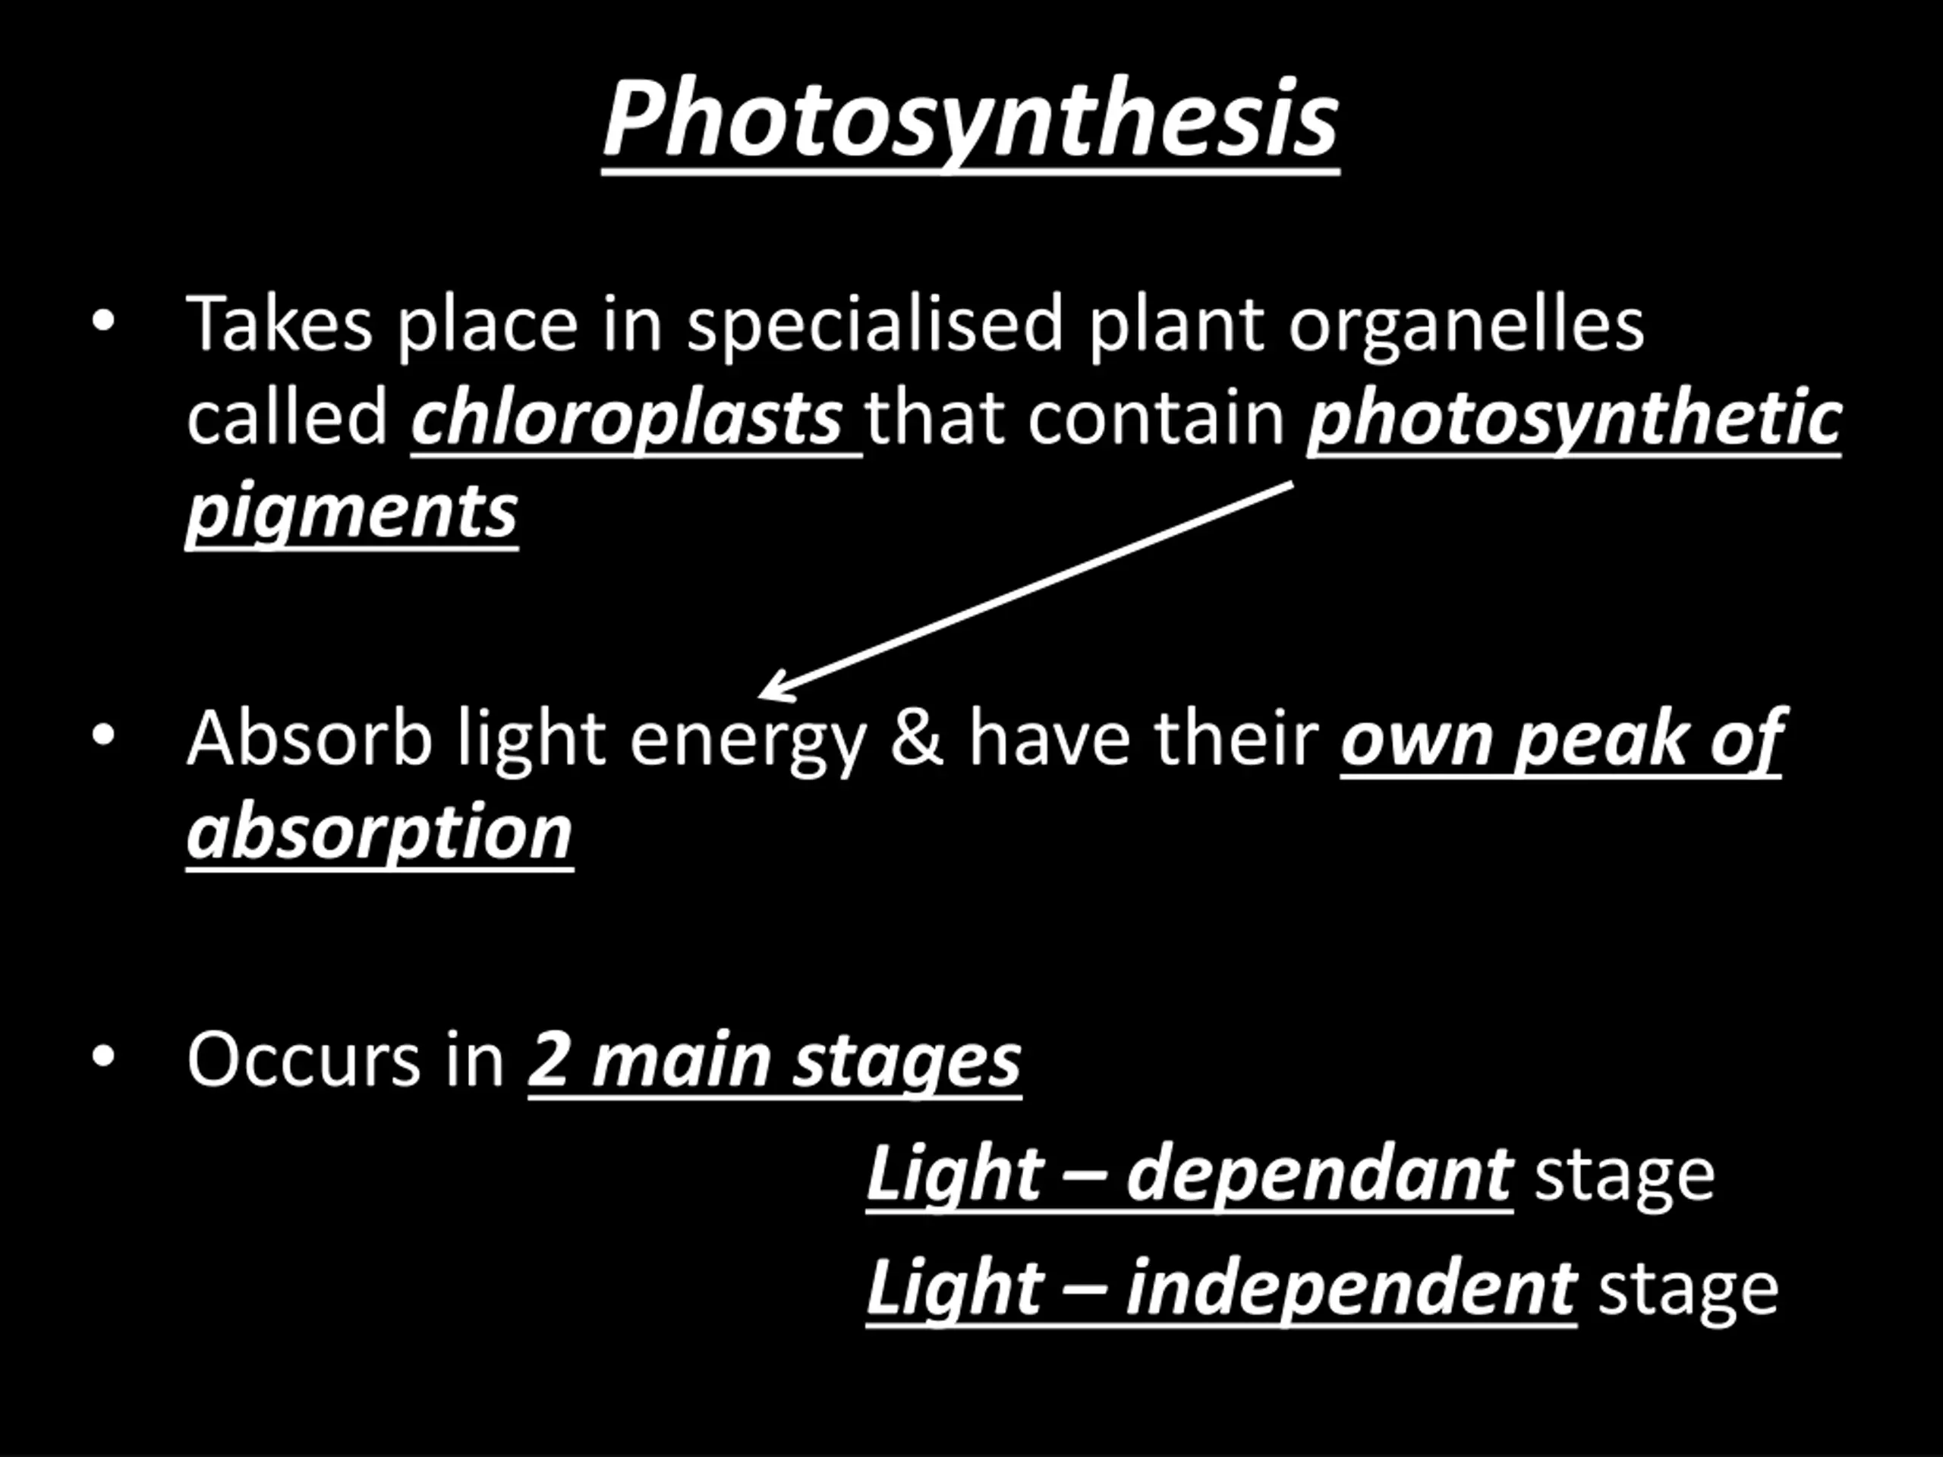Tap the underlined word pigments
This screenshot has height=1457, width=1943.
(352, 513)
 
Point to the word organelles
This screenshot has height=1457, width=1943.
(1466, 325)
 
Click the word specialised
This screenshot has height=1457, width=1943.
(875, 325)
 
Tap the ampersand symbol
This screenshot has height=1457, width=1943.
(916, 737)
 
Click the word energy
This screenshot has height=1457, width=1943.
(748, 743)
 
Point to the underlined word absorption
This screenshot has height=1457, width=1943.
(379, 833)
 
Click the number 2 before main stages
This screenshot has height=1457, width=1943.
(550, 1060)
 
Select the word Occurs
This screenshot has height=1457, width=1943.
(304, 1060)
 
